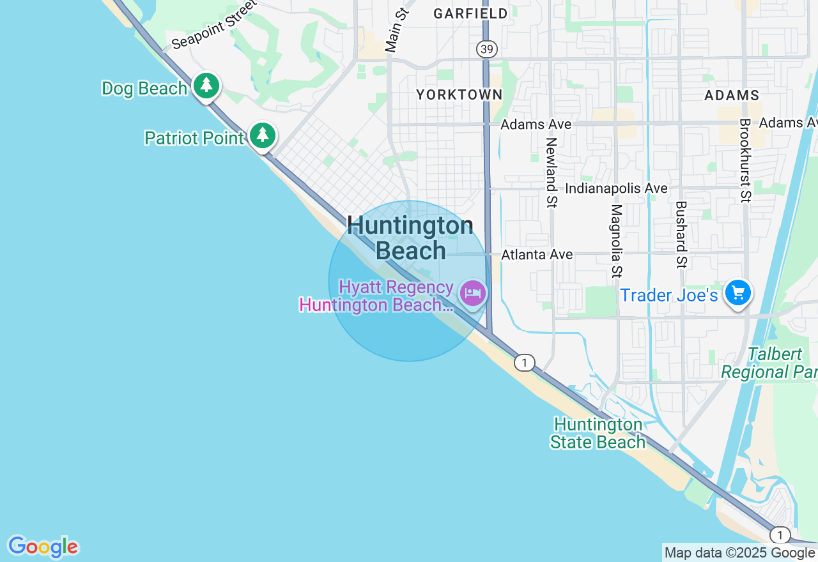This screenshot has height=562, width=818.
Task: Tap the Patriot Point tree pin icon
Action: (262, 135)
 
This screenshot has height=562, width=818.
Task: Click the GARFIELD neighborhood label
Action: (470, 13)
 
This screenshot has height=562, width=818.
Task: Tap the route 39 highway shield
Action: (486, 49)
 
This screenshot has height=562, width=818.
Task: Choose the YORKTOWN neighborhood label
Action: (459, 95)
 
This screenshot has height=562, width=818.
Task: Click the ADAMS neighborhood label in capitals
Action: (731, 95)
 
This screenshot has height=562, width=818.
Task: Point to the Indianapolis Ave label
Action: (616, 188)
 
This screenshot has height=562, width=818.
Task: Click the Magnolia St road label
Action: (616, 241)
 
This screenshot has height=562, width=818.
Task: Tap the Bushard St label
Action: (681, 234)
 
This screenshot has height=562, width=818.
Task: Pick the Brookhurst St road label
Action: (745, 160)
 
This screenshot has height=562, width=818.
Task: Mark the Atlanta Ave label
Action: (537, 254)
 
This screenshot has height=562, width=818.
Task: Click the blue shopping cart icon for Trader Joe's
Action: (738, 293)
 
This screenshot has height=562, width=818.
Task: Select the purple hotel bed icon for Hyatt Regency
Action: (473, 293)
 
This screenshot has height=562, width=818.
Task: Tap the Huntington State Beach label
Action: (598, 433)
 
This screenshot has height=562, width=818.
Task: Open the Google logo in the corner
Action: (43, 547)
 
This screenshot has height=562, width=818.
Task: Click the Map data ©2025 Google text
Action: (739, 553)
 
